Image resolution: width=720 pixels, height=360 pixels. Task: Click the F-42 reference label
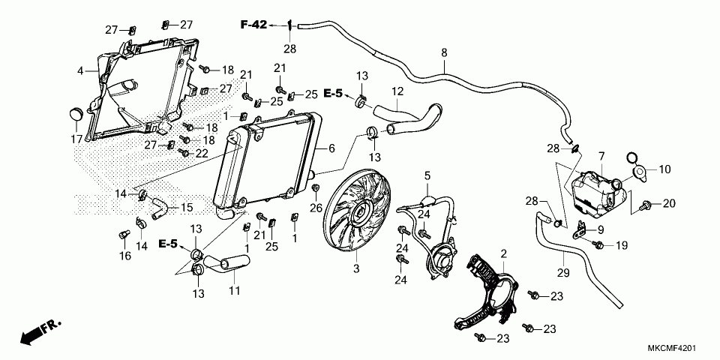click(x=253, y=25)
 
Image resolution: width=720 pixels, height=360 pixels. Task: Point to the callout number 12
click(x=397, y=91)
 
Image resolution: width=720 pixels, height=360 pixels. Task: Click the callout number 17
click(x=76, y=139)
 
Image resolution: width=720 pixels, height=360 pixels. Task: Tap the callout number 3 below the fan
click(x=357, y=268)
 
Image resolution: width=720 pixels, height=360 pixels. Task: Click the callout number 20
click(x=669, y=204)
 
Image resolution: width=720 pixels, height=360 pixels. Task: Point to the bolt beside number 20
click(x=646, y=204)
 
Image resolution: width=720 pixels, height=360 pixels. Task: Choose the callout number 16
click(x=124, y=256)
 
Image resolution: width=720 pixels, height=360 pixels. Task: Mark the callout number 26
click(x=316, y=208)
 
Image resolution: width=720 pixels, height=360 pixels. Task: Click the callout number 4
click(x=79, y=71)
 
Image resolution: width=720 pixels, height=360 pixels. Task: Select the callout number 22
click(x=201, y=153)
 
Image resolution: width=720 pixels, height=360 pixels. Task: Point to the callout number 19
click(x=621, y=245)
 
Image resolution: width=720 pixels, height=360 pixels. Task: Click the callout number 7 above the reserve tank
click(x=601, y=155)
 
